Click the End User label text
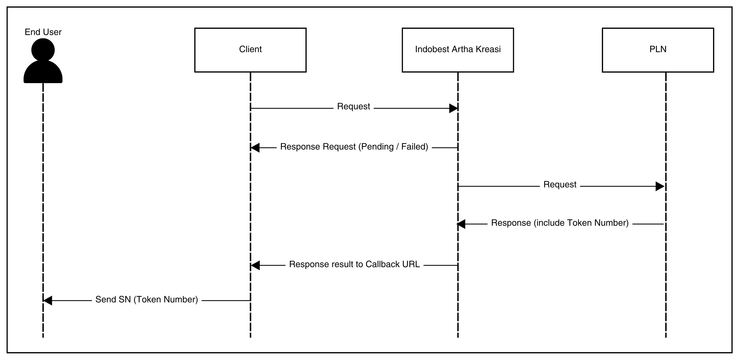click(x=43, y=32)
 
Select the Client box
click(x=250, y=50)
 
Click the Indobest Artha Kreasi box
click(x=458, y=50)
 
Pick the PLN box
click(x=658, y=50)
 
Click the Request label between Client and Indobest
click(x=354, y=106)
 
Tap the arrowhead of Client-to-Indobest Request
click(x=453, y=108)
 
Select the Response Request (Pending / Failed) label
click(x=354, y=147)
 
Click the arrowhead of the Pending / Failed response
click(x=255, y=148)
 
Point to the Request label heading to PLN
click(x=560, y=185)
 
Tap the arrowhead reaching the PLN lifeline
click(x=660, y=186)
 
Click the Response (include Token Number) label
click(x=560, y=223)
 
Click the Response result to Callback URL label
click(x=354, y=264)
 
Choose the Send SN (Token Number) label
click(x=147, y=300)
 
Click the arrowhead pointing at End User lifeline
click(x=48, y=301)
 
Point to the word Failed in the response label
click(x=414, y=147)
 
